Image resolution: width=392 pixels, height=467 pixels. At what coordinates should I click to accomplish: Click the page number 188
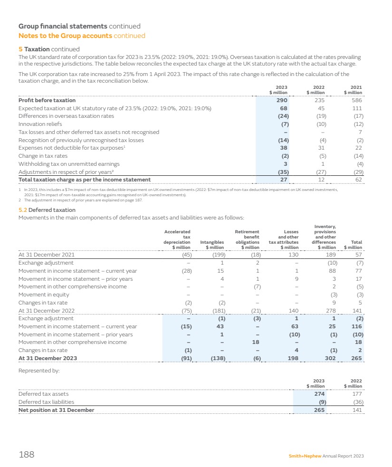(26, 455)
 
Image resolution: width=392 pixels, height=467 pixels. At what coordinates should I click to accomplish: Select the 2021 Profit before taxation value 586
(357, 100)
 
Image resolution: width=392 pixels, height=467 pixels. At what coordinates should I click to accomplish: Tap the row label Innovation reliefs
(40, 124)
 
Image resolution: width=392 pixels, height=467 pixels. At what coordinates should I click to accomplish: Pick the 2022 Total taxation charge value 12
(321, 180)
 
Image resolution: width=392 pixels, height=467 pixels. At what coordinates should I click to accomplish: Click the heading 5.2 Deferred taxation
(47, 210)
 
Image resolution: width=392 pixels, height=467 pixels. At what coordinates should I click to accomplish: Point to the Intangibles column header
(212, 244)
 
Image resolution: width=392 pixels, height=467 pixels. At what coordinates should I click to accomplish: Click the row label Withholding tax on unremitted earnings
(68, 164)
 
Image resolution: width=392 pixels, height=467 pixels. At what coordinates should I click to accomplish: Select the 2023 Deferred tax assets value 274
(319, 394)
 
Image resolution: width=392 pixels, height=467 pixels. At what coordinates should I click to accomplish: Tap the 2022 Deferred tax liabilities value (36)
(356, 402)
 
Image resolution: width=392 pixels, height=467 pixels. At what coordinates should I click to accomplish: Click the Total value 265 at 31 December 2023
(356, 358)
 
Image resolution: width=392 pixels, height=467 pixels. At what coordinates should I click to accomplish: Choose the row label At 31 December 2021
(46, 254)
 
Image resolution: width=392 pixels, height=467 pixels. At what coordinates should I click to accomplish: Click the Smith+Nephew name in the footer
(305, 456)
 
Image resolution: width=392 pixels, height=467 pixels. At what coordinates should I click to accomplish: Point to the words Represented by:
(39, 371)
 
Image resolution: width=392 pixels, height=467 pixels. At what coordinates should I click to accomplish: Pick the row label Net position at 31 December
(56, 410)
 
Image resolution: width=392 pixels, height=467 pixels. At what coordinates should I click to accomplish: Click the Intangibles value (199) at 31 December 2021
(216, 254)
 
